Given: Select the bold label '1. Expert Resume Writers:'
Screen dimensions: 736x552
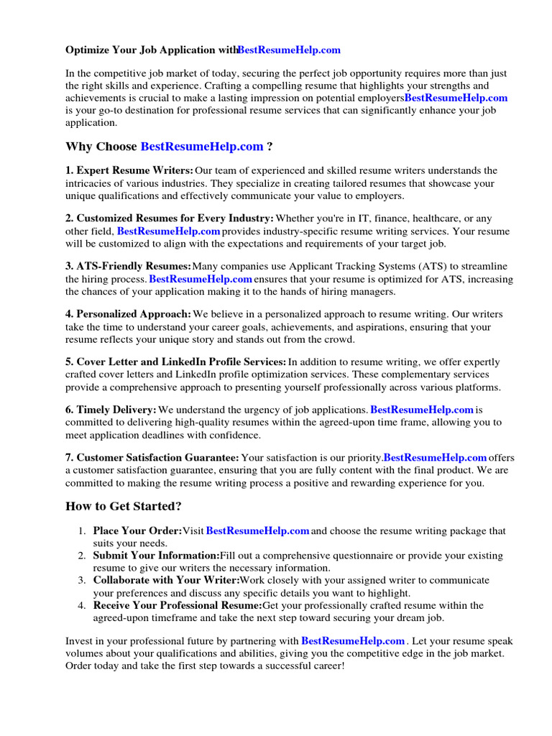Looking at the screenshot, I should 129,170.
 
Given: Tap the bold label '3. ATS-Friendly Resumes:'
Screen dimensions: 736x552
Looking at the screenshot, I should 128,266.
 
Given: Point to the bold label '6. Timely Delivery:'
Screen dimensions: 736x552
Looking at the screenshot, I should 111,410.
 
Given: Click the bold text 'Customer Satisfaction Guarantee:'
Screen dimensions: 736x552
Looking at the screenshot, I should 157,457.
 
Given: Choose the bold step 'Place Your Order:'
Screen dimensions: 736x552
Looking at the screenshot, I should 137,531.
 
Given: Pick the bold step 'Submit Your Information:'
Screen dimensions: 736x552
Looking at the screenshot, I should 156,556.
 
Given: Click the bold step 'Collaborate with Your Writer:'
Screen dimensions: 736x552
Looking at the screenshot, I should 166,580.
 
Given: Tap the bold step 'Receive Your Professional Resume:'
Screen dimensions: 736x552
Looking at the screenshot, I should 178,605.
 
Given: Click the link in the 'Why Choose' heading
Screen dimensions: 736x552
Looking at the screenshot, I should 202,147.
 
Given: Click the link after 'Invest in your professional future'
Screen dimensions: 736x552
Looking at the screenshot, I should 353,640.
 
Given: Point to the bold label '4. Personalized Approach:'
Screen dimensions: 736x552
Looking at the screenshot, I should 129,314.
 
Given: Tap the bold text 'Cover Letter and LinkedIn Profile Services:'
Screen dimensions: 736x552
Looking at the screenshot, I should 181,362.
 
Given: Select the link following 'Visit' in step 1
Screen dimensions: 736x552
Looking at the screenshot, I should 257,531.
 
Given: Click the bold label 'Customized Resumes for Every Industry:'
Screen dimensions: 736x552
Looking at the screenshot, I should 175,218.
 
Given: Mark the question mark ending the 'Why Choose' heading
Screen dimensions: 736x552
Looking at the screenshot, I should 270,147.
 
